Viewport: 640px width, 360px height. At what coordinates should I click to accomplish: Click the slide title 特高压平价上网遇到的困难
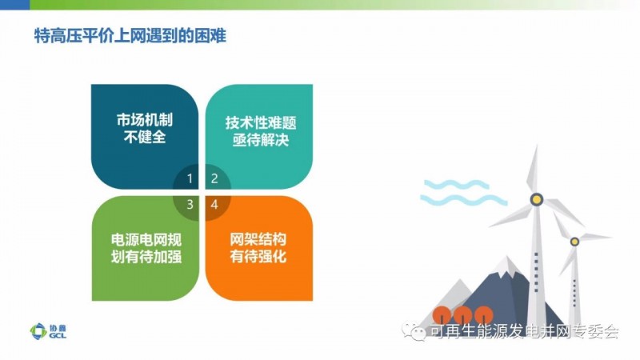pos(130,36)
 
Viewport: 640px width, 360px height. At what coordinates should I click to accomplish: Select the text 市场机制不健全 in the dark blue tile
pos(145,128)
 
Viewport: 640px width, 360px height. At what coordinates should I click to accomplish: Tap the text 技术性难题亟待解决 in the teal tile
pos(261,131)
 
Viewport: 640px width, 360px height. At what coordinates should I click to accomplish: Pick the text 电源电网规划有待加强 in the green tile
pos(146,248)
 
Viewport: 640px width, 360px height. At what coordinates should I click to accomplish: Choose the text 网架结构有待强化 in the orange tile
pos(258,248)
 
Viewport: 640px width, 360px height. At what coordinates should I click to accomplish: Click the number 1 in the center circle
pos(190,178)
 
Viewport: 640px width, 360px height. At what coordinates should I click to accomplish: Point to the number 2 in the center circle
pos(214,178)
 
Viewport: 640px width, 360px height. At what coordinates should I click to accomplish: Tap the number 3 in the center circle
pos(190,204)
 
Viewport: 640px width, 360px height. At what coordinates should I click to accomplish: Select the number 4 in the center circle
pos(214,204)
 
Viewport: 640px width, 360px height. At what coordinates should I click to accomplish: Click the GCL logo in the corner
pos(48,331)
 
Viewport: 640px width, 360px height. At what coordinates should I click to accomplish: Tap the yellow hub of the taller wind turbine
pos(536,199)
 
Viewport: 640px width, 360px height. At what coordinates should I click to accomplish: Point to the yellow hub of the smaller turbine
pos(574,242)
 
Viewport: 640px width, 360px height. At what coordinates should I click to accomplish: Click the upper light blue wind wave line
pos(456,185)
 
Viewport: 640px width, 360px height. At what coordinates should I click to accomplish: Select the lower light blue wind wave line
pos(464,199)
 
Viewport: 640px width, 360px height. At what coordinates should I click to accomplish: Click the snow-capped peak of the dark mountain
pos(506,266)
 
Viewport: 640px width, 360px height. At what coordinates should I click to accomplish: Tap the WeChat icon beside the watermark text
pos(414,330)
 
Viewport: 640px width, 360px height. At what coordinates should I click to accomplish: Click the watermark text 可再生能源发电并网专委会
pos(524,331)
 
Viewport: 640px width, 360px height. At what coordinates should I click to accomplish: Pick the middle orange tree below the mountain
pos(463,315)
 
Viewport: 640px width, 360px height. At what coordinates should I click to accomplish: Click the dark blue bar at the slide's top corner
pos(14,5)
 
